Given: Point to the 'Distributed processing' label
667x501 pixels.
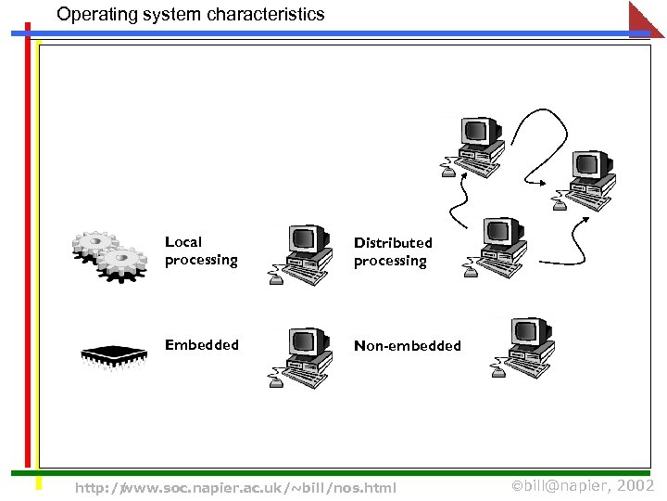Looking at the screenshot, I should click(392, 251).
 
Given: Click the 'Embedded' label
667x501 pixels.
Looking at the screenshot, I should click(201, 345).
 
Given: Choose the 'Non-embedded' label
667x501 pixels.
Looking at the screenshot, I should click(407, 346).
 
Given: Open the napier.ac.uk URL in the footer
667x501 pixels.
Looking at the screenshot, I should click(235, 487).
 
